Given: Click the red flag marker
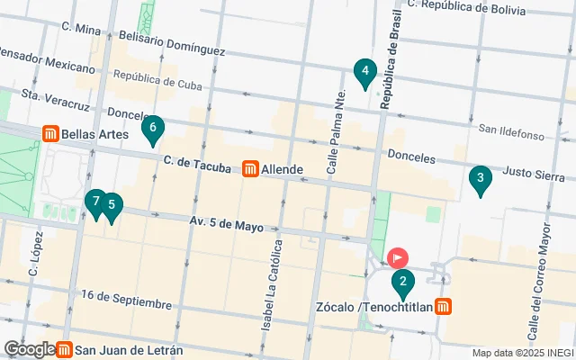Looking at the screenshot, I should point(397,257).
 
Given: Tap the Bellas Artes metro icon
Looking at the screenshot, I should point(49,135).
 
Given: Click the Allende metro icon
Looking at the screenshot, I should point(250,168).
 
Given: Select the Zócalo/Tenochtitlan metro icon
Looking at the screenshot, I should point(442,306).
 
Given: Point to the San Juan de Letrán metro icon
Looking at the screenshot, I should point(64,350).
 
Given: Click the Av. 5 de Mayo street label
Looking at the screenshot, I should point(226,225).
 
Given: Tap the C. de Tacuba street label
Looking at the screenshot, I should point(199,162).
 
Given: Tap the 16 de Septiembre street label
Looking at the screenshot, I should point(125,300).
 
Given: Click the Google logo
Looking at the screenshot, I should point(29,348).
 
